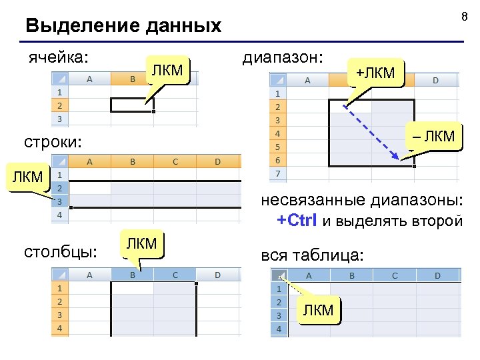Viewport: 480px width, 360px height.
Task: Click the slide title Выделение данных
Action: [x=123, y=26]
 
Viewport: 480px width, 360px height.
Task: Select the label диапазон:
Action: [x=283, y=58]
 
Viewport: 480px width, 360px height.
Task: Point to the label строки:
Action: [x=53, y=142]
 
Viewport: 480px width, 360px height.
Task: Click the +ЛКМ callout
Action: [x=375, y=72]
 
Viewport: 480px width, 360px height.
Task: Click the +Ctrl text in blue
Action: [x=297, y=221]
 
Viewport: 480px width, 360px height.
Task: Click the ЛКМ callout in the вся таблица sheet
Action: [x=318, y=309]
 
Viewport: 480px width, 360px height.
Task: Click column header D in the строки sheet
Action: [x=217, y=161]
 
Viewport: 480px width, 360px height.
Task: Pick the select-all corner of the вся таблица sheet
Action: [x=280, y=275]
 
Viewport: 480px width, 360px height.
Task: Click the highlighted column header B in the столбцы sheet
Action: [x=133, y=274]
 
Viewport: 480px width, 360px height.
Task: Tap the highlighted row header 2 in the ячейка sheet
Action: [x=59, y=105]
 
